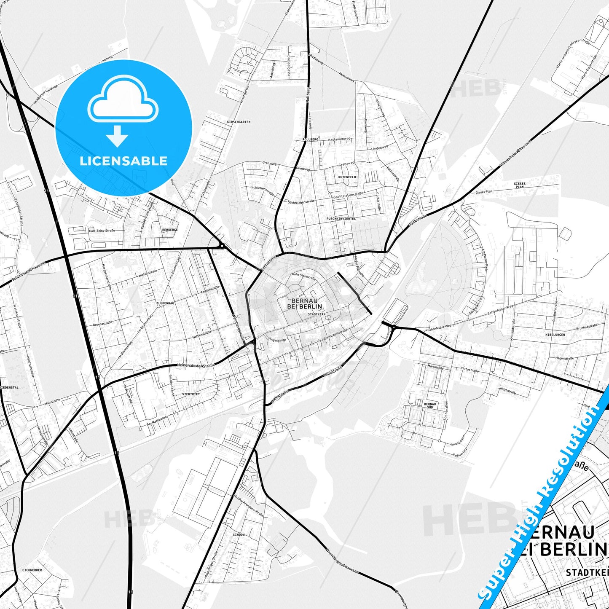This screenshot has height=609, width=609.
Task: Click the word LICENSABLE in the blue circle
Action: (x=123, y=161)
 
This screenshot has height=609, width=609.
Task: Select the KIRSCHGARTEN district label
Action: (x=239, y=122)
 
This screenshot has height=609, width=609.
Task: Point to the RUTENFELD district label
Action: (x=347, y=177)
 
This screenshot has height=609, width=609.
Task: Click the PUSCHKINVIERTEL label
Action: (x=341, y=219)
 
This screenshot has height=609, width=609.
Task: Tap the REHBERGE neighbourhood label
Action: (x=170, y=230)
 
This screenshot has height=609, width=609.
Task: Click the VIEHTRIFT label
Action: (x=191, y=394)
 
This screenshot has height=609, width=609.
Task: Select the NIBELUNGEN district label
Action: (x=555, y=335)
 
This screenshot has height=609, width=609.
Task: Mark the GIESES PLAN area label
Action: (x=520, y=185)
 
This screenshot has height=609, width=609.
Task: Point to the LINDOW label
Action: (x=239, y=534)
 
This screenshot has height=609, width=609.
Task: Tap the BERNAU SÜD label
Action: (x=429, y=406)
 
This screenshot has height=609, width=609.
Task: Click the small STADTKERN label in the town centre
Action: (x=317, y=314)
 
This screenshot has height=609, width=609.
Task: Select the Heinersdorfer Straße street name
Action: (x=196, y=365)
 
